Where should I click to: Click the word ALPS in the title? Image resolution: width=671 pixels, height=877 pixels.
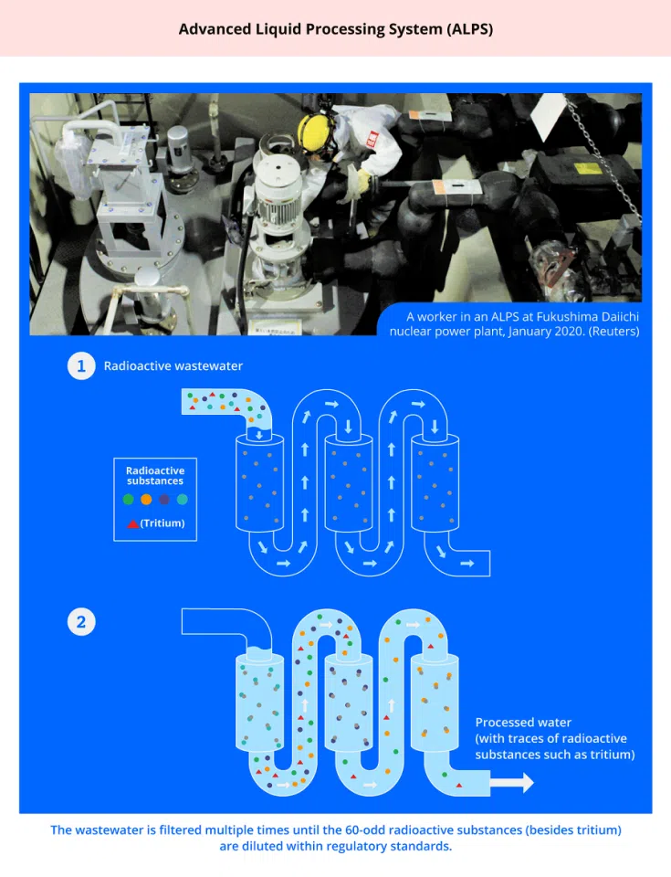coord(469,29)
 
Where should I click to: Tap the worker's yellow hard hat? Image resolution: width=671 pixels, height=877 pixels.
coord(313,132)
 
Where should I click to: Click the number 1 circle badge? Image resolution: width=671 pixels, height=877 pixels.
coord(81,365)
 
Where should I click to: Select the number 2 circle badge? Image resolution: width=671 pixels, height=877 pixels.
coord(81,622)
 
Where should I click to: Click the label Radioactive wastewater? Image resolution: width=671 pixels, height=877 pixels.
coord(173,365)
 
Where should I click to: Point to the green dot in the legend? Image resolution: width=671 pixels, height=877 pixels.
coord(129,500)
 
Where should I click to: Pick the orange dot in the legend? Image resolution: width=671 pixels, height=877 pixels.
coord(146,500)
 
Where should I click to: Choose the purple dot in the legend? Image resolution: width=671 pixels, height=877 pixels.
coord(164,500)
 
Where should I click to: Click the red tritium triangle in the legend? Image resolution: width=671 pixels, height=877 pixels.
coord(132,524)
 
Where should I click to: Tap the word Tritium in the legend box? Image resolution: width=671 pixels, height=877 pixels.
coord(163,523)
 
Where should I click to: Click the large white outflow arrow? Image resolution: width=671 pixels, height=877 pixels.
coord(511,783)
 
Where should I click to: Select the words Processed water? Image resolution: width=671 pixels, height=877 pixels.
coord(523,722)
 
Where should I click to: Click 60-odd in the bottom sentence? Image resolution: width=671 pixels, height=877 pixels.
coord(366,830)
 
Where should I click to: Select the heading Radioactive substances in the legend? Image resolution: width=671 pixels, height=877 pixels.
coord(155,475)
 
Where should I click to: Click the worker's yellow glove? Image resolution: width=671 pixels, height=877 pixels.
coord(363,181)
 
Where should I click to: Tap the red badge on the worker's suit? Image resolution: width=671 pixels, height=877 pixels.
coord(372,139)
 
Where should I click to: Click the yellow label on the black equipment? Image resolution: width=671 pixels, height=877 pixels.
coord(588,168)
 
